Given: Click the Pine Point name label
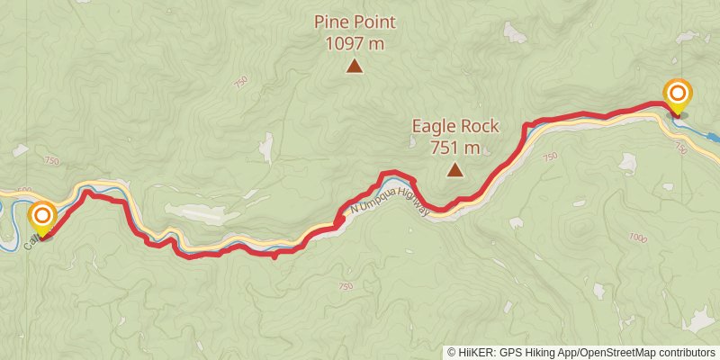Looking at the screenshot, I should click(355, 22).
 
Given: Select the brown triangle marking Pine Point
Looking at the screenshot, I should click(355, 66).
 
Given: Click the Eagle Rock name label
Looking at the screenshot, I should click(455, 127).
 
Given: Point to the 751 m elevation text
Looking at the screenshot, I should click(455, 147).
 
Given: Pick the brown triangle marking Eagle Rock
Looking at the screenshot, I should click(455, 169).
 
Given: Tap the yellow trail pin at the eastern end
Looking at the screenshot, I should click(678, 95).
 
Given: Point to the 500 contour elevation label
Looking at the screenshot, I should click(24, 191).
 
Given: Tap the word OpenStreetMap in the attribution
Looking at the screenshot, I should click(618, 353).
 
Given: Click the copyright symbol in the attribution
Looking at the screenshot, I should click(452, 353).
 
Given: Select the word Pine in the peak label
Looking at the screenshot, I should click(330, 22).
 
